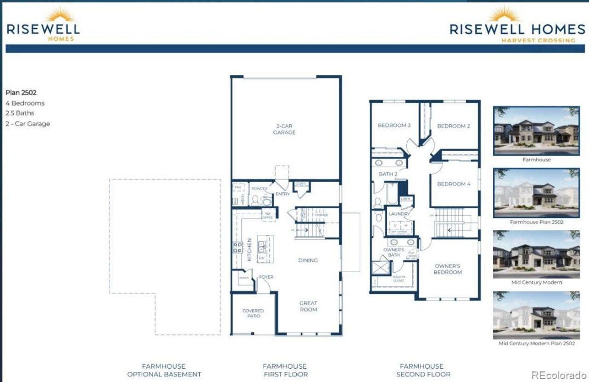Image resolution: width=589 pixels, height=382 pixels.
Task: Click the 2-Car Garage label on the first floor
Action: (x=284, y=129)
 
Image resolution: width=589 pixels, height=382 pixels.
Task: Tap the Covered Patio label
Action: (x=253, y=314)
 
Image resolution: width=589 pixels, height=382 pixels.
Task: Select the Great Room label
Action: (x=308, y=306)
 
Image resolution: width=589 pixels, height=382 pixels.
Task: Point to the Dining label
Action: (x=308, y=260)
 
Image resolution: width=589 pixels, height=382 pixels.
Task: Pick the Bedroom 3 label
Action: (x=394, y=125)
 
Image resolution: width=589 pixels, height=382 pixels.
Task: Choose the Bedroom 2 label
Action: (x=453, y=126)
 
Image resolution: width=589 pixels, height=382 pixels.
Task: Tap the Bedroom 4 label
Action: (x=454, y=184)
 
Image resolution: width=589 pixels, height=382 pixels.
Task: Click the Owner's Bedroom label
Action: (x=447, y=269)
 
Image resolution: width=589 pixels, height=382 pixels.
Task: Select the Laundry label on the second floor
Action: (x=398, y=214)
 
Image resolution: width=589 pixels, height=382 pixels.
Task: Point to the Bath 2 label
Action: (x=388, y=174)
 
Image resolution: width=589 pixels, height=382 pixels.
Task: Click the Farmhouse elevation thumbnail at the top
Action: (x=536, y=131)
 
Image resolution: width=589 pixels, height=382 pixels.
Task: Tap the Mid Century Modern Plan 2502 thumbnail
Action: (x=536, y=315)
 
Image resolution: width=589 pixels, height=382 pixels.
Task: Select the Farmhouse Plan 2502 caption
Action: (x=537, y=222)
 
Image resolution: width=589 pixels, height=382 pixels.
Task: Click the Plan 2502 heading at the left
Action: (x=21, y=92)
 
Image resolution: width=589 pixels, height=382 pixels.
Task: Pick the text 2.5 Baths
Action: (x=20, y=113)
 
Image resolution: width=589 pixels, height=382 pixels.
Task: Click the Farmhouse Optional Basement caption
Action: (x=164, y=370)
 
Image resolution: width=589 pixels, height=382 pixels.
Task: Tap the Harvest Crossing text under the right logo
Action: (x=538, y=40)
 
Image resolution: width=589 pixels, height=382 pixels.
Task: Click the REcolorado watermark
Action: (x=559, y=375)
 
